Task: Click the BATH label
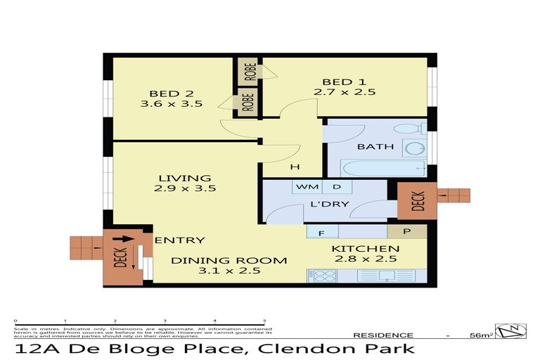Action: pos(371,147)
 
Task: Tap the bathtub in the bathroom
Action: pos(383,169)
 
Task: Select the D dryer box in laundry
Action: pos(336,187)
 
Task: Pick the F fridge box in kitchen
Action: pos(321,231)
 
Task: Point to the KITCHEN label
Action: pos(365,249)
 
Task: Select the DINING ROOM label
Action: pos(230,260)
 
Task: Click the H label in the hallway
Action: pos(295,167)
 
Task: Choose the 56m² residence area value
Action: pos(481,335)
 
